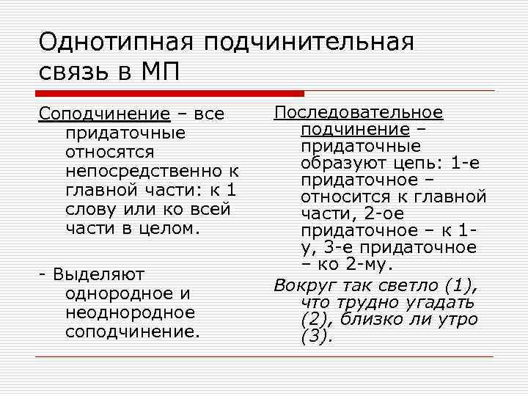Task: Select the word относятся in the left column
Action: pyautogui.click(x=109, y=153)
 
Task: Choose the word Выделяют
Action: pyautogui.click(x=96, y=274)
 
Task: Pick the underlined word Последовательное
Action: pyautogui.click(x=359, y=112)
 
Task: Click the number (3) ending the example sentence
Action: pyautogui.click(x=316, y=337)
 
